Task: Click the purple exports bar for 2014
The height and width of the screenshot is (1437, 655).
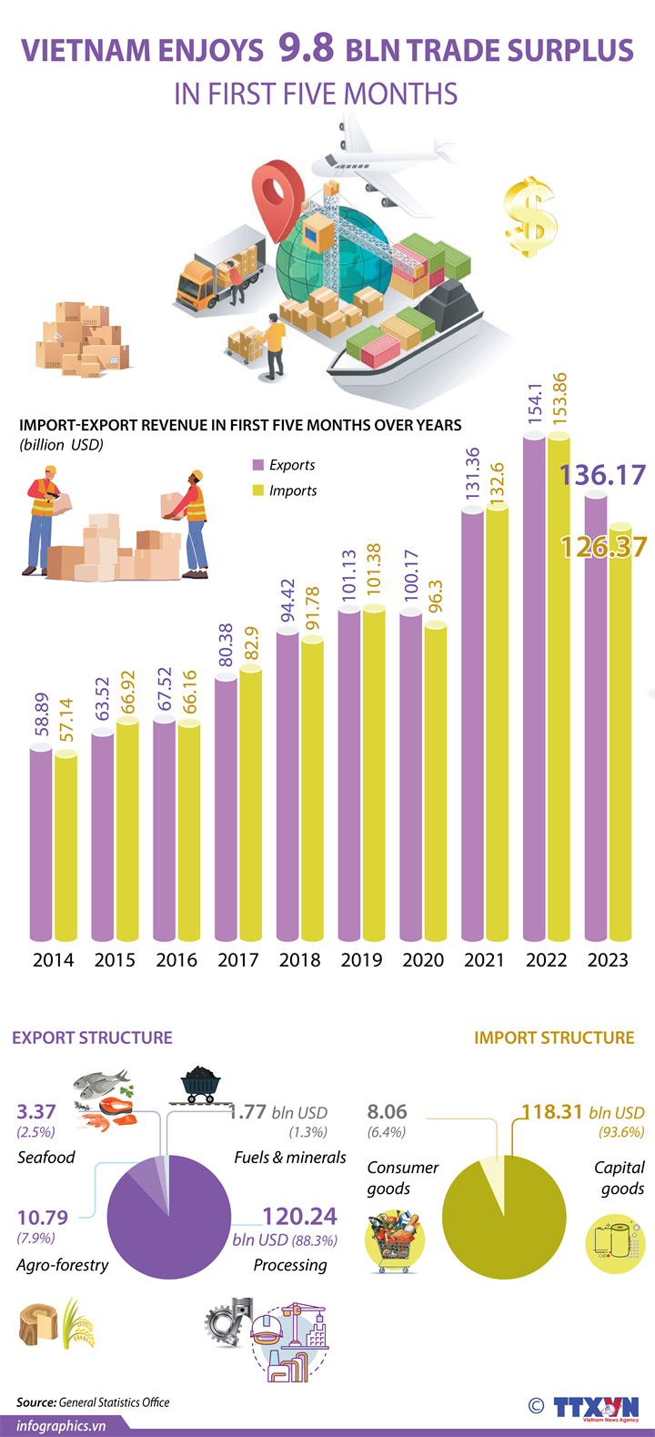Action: point(41,842)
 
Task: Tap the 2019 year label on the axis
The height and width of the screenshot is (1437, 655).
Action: point(361,959)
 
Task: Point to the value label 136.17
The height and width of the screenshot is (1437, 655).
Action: point(602,475)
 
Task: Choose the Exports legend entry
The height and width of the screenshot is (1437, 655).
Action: point(284,465)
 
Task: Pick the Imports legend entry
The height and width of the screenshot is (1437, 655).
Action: point(285,491)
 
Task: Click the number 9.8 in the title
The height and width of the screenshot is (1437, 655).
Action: point(307,49)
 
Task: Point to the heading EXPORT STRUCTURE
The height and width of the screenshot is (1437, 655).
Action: point(92,1037)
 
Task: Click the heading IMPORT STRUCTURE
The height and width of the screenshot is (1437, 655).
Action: point(554,1037)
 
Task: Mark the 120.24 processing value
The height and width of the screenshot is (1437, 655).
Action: point(299,1217)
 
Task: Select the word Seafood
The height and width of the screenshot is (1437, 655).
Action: point(46,1158)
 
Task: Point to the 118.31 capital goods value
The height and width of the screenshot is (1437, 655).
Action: point(553,1112)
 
